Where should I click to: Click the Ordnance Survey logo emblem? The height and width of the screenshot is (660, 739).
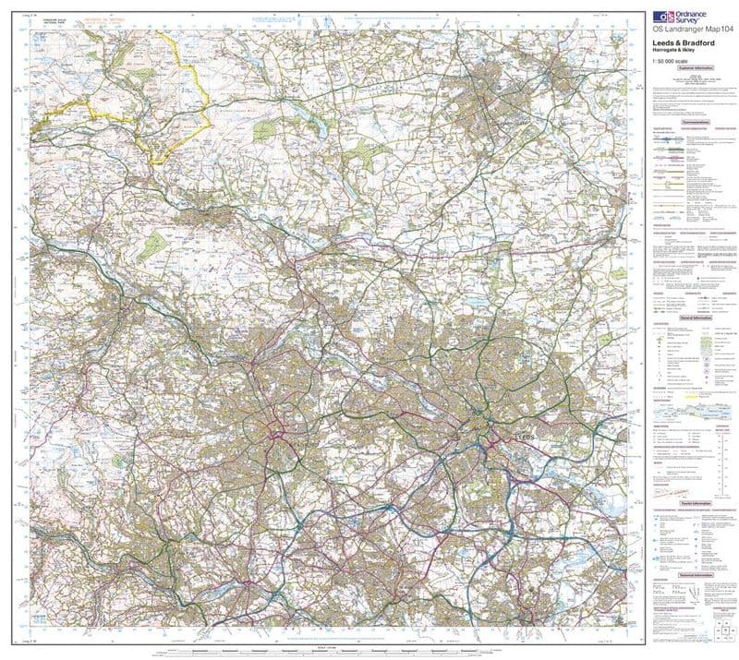click(x=660, y=17)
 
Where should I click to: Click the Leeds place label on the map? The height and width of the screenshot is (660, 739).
click(x=524, y=434)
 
